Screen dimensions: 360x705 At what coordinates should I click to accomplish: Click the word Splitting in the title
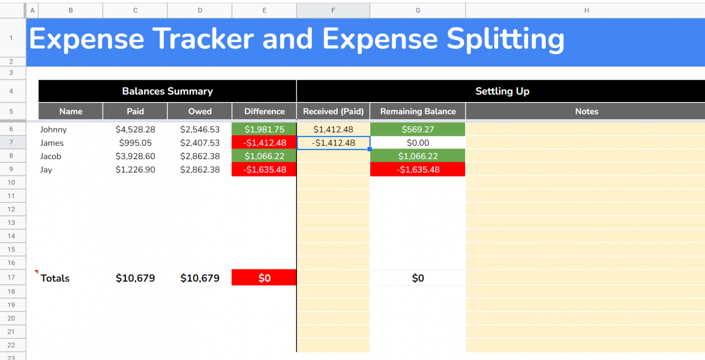click(x=505, y=39)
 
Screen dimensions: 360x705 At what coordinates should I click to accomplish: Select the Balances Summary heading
click(x=167, y=91)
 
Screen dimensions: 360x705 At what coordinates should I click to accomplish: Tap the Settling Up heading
click(x=502, y=91)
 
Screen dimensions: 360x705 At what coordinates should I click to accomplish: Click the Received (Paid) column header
click(x=333, y=112)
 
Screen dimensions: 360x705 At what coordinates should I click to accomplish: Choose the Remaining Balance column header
click(x=418, y=112)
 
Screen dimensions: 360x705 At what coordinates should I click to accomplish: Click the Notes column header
click(x=586, y=112)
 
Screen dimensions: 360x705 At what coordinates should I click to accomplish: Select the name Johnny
click(x=53, y=129)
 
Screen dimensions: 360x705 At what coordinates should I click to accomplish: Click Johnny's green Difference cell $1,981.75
click(x=264, y=129)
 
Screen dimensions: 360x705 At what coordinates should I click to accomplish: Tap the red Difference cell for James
click(x=264, y=143)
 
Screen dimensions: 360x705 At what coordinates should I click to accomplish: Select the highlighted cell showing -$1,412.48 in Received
click(x=333, y=143)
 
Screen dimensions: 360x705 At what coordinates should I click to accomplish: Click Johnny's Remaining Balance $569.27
click(x=418, y=129)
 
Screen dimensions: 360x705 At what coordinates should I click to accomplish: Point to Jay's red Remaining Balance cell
click(x=418, y=169)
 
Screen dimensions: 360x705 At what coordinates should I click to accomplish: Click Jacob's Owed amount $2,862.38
click(x=200, y=156)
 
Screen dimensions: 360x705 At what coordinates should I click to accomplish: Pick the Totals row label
click(x=55, y=278)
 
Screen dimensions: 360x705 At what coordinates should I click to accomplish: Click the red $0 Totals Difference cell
click(x=264, y=278)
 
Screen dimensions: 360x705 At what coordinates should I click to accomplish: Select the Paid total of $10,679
click(x=135, y=278)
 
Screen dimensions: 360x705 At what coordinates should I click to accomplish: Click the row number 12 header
click(x=12, y=209)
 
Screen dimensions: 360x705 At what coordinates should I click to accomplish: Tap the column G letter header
click(x=418, y=10)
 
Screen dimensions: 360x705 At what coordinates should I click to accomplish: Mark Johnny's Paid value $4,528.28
click(x=135, y=129)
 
